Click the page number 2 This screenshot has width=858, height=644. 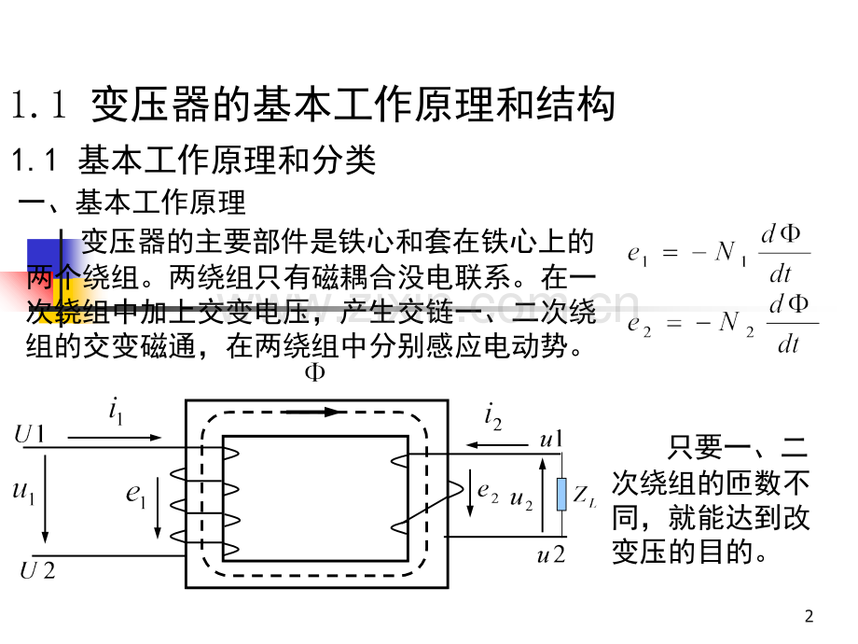(x=810, y=617)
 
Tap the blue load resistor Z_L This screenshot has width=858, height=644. (x=562, y=495)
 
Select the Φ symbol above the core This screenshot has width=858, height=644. (x=314, y=372)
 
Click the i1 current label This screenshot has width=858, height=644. (x=116, y=411)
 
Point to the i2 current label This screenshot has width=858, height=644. (x=492, y=415)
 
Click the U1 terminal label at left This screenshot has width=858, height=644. (x=29, y=434)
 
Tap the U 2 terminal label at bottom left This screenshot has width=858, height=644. (x=37, y=570)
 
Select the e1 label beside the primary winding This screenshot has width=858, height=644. (x=136, y=495)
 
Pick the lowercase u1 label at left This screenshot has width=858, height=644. (x=23, y=491)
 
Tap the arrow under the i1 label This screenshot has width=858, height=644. (x=115, y=437)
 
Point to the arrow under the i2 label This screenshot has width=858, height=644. (x=496, y=445)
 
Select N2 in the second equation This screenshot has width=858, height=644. (x=737, y=323)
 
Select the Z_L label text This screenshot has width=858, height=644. (x=585, y=497)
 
